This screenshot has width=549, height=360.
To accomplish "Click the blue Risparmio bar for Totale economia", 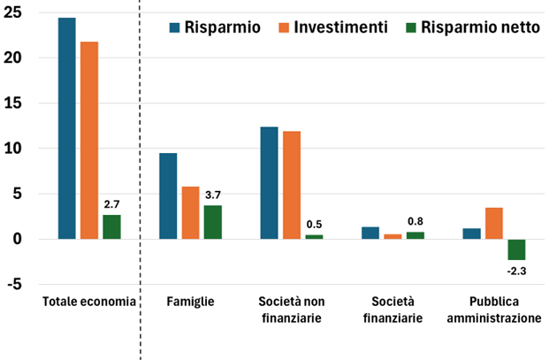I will click(67, 128).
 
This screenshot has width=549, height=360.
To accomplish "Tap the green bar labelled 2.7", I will click(111, 226).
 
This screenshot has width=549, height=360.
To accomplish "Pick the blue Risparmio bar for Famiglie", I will click(168, 195).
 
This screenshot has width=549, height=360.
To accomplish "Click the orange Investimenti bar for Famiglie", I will click(190, 212).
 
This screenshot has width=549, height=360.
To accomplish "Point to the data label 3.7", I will click(212, 195).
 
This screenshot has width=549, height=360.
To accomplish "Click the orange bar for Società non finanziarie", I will click(291, 185).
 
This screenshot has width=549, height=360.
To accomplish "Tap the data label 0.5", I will click(314, 224).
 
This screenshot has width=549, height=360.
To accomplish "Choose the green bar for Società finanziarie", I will click(415, 235).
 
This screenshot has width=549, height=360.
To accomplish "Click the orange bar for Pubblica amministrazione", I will click(494, 223).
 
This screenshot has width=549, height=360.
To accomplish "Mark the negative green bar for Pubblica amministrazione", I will click(516, 249).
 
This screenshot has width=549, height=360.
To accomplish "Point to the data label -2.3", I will click(516, 269).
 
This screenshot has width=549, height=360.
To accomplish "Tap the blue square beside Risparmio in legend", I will click(174, 27).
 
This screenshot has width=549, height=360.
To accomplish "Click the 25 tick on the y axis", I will click(19, 12).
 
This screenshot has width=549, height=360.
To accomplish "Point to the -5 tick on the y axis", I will click(19, 285).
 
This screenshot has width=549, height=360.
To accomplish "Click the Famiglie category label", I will click(190, 303).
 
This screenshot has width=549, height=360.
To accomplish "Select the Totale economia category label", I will click(89, 303).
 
